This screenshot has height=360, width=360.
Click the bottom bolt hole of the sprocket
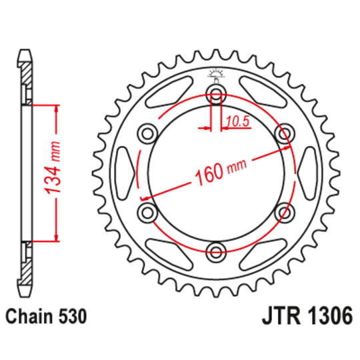pyautogui.click(x=215, y=252)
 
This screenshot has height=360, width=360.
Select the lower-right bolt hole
pyautogui.click(x=285, y=212)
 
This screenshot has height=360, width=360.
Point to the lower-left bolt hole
pyautogui.click(x=145, y=212)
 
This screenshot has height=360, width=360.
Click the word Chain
pyautogui.click(x=31, y=317)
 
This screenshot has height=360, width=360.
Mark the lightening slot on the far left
pyautogui.click(x=122, y=171)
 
